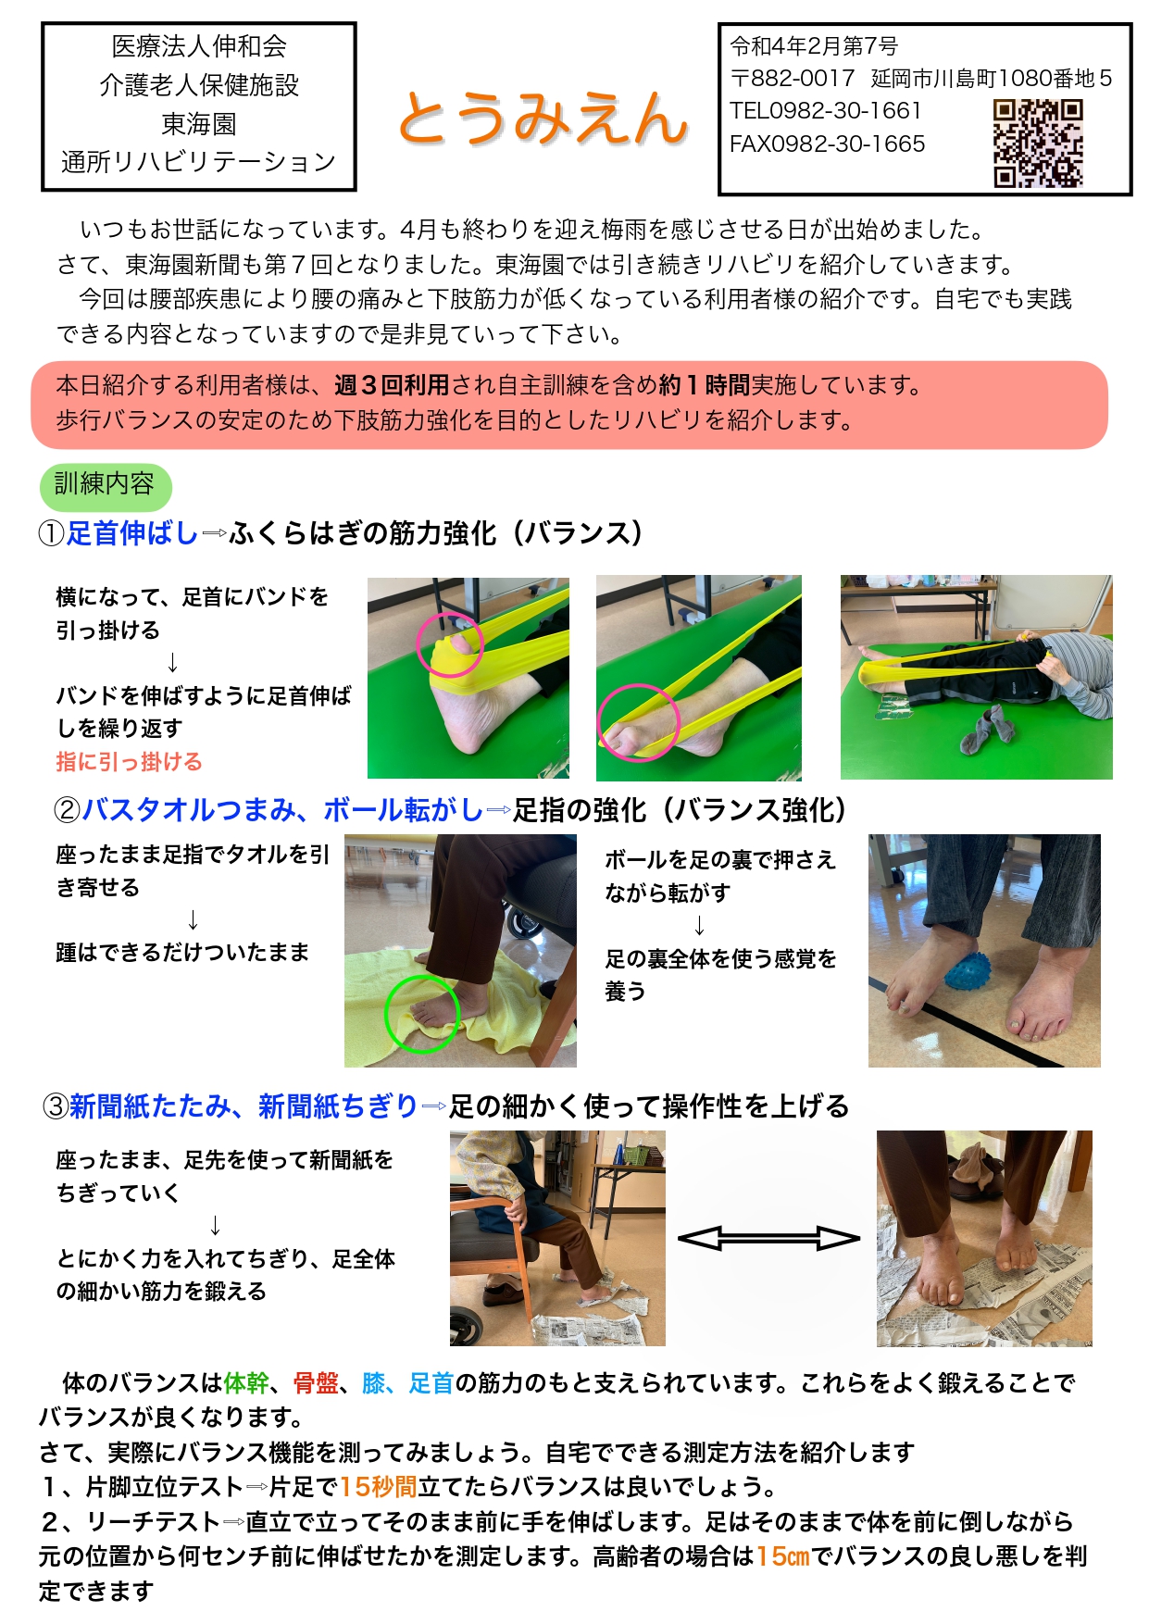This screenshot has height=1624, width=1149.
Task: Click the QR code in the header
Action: (1037, 143)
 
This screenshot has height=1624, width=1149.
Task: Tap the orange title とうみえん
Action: (543, 119)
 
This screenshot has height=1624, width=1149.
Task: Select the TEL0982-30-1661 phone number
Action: (825, 111)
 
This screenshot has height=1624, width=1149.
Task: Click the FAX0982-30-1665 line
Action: (827, 144)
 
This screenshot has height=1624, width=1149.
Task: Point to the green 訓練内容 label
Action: (105, 485)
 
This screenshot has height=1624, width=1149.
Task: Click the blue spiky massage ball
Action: (968, 971)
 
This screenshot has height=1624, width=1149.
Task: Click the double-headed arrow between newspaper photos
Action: (768, 1238)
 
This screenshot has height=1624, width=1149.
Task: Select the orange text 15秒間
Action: (378, 1487)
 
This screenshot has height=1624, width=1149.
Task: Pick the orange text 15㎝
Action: (783, 1556)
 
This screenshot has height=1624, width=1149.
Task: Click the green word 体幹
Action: (246, 1383)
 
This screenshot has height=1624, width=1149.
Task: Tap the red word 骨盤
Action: (316, 1383)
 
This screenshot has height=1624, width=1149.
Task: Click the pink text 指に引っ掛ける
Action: (129, 762)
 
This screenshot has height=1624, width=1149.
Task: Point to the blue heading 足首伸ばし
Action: (132, 533)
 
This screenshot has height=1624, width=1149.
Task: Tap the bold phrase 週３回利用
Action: (392, 385)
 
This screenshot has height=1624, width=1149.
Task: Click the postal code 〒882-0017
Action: (793, 79)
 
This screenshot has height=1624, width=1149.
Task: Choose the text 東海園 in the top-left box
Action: (199, 123)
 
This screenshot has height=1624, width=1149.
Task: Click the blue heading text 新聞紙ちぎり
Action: (338, 1106)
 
